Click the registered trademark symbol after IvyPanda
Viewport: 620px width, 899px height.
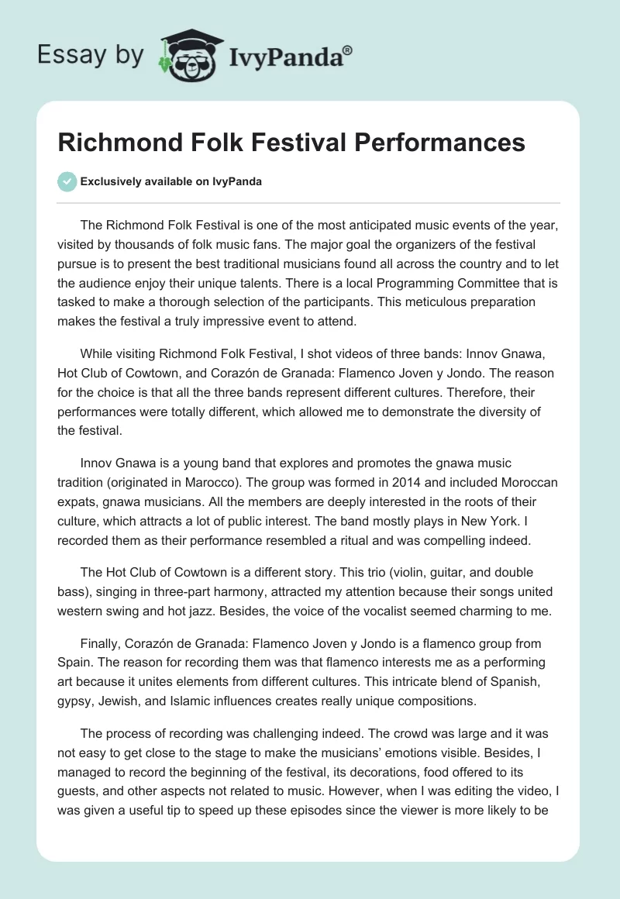[x=349, y=50]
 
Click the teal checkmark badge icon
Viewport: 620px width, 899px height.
[x=67, y=181]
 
